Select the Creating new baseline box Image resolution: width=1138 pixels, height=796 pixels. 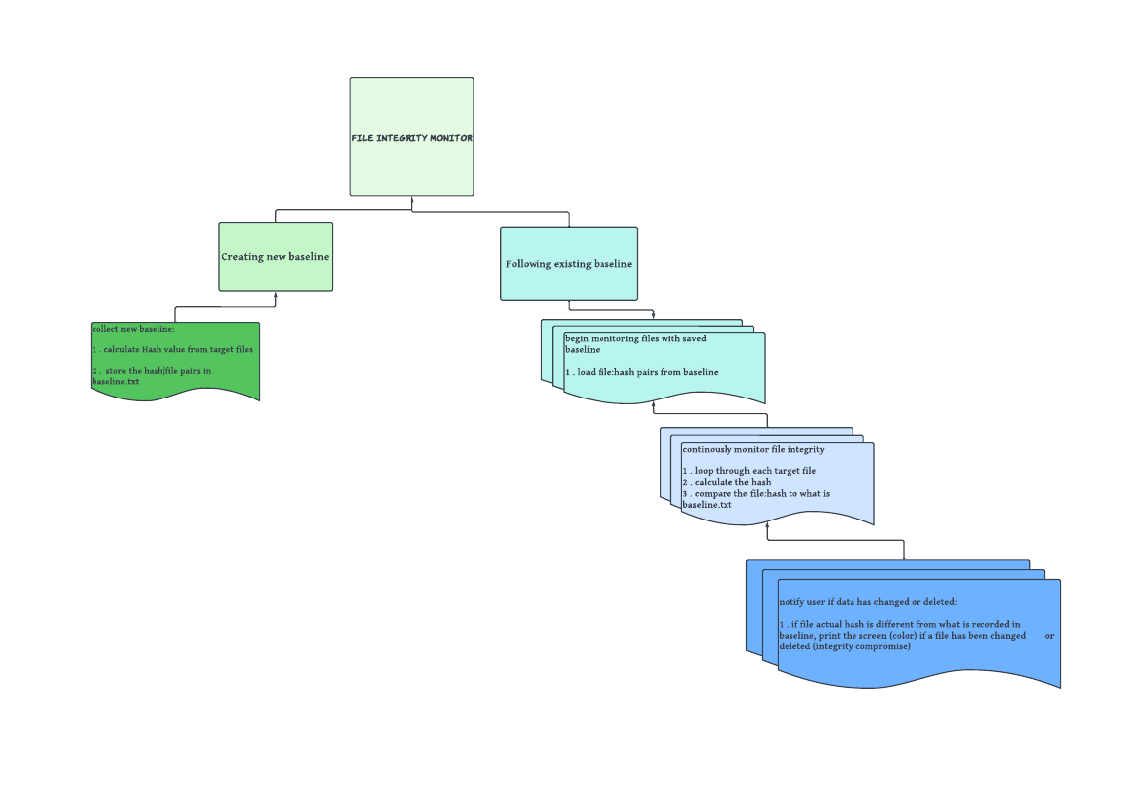tap(275, 257)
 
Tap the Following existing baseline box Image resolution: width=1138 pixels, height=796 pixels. tap(568, 264)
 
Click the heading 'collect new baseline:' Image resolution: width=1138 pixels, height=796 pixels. tap(133, 329)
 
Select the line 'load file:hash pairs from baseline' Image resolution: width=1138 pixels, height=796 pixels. tap(647, 372)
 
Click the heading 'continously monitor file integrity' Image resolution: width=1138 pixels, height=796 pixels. tap(753, 449)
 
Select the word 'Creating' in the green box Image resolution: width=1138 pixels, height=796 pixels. tap(242, 257)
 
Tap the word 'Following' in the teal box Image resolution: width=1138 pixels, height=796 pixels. tap(528, 264)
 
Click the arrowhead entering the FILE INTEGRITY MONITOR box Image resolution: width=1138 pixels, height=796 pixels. tap(412, 200)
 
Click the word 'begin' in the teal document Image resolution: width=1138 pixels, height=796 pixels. tap(576, 338)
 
